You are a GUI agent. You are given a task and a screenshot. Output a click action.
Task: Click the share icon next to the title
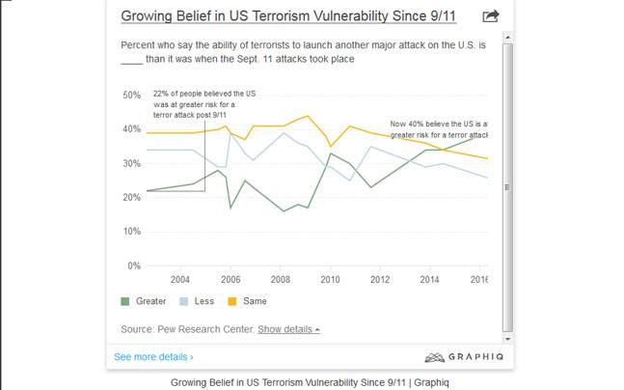click(490, 15)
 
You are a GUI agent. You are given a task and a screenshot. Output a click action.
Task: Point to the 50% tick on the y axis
click(132, 95)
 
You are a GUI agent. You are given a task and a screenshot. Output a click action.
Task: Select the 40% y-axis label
click(132, 129)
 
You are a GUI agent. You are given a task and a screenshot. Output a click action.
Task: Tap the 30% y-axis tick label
click(132, 163)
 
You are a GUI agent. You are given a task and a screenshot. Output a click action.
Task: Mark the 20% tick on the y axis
click(132, 198)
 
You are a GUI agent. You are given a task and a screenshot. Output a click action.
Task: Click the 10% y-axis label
click(132, 232)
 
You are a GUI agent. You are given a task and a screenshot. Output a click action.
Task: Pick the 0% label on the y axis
click(135, 265)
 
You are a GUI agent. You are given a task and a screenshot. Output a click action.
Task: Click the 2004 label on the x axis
click(179, 280)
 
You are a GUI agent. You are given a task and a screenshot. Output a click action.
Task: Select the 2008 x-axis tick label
click(280, 280)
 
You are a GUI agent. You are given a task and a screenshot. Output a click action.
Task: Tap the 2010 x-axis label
click(330, 280)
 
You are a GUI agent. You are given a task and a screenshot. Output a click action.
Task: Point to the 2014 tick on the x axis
click(430, 280)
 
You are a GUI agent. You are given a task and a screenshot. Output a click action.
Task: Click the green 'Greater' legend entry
click(144, 301)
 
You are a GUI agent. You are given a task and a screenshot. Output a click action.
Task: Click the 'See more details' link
click(153, 357)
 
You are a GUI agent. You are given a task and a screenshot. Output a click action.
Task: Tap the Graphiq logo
click(460, 357)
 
